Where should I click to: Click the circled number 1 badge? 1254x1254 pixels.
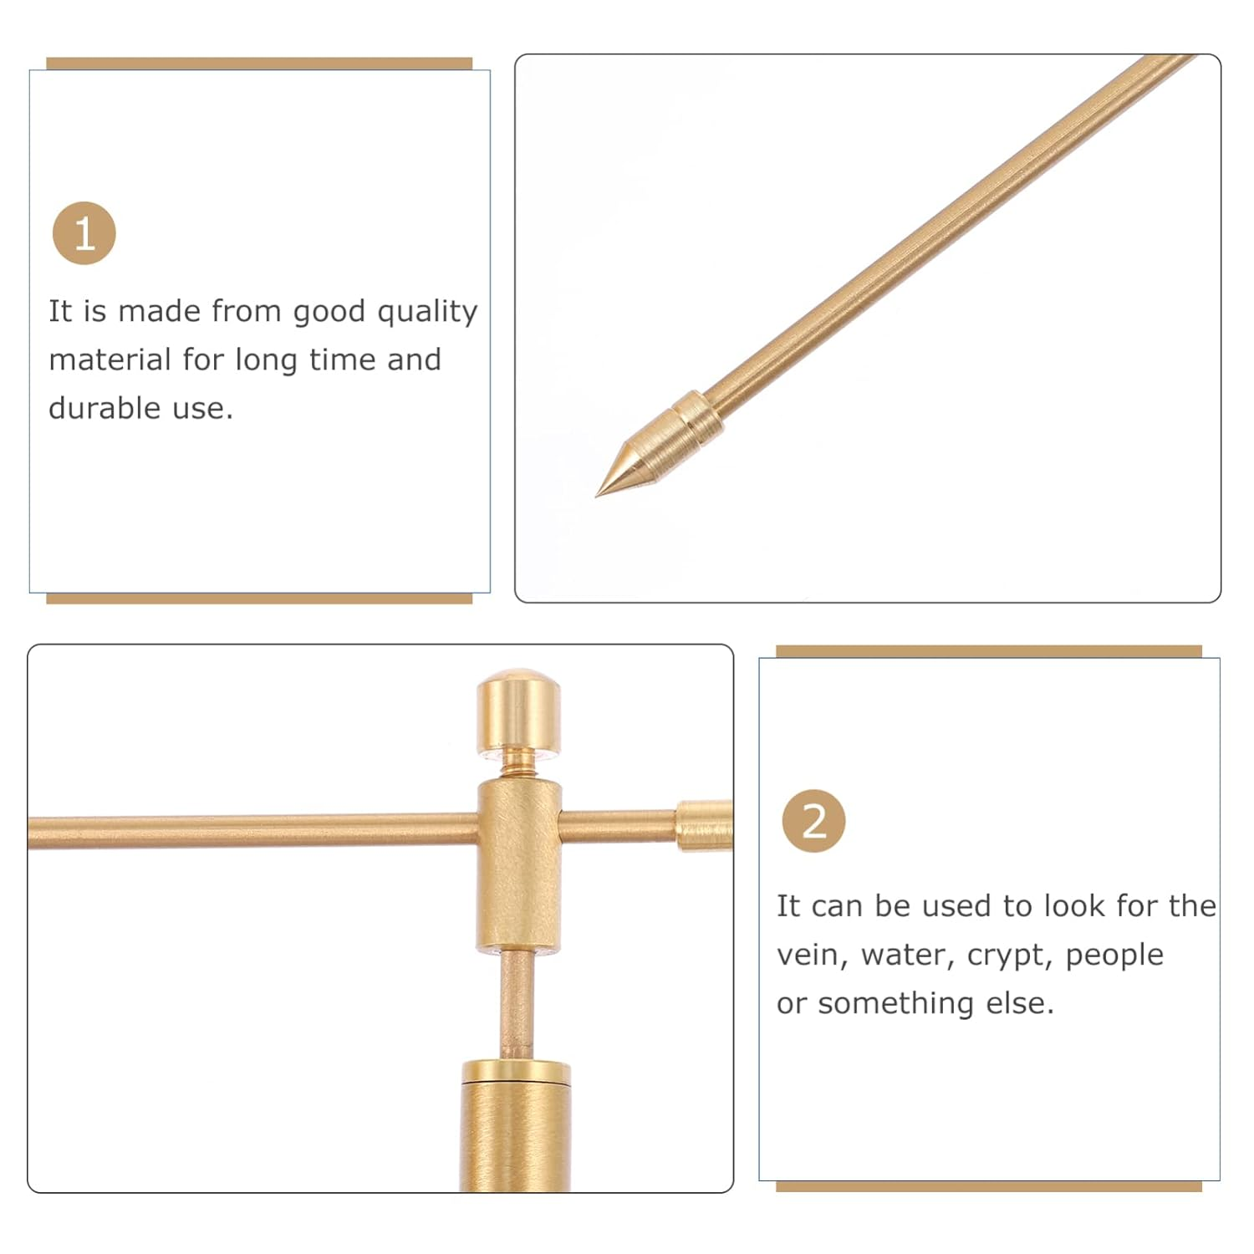[x=84, y=233]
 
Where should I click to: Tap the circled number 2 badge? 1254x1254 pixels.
[x=813, y=821]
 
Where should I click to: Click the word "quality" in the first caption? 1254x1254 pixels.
[x=427, y=312]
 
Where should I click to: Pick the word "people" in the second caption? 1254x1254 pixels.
[x=1114, y=955]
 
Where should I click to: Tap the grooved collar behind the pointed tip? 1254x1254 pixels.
[x=696, y=416]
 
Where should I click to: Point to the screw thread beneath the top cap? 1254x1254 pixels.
[x=518, y=764]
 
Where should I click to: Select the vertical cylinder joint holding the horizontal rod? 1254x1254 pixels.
[x=518, y=865]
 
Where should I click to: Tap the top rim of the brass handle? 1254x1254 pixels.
[x=517, y=1070]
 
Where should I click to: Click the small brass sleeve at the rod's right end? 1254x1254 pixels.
[x=704, y=826]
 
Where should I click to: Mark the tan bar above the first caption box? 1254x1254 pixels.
[x=259, y=64]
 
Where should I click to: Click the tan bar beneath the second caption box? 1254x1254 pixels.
[x=988, y=1186]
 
